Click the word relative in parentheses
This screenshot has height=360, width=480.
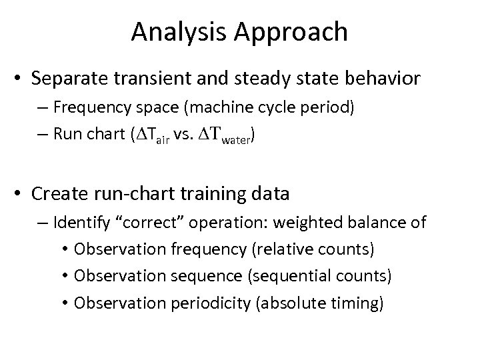(x=292, y=249)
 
